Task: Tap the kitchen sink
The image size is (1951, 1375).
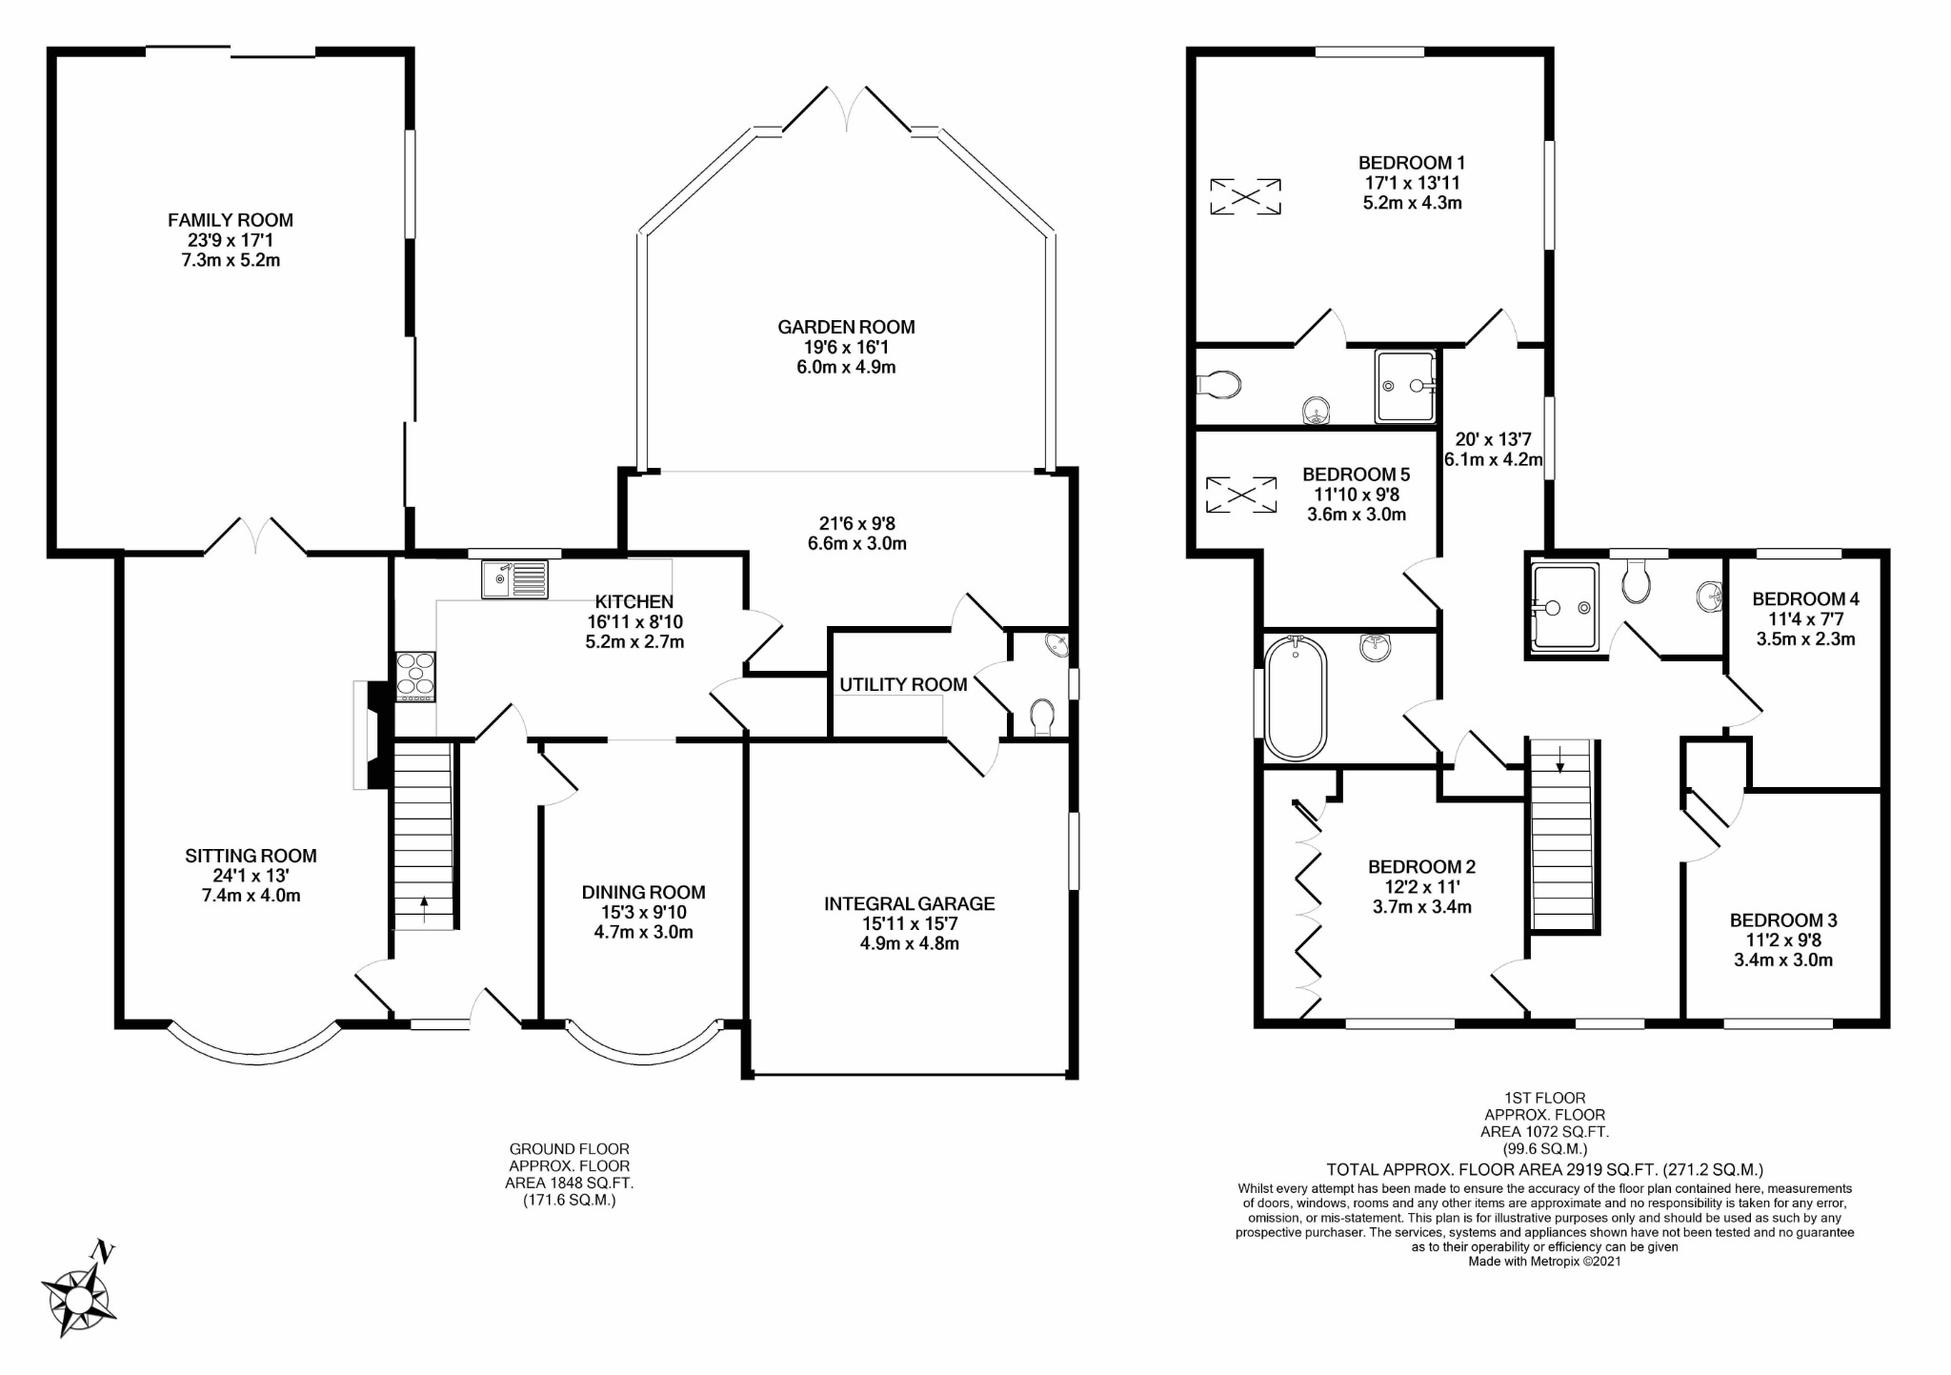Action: pyautogui.click(x=514, y=579)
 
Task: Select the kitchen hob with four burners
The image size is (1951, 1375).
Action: pyautogui.click(x=415, y=677)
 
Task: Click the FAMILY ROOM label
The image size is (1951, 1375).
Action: pyautogui.click(x=231, y=220)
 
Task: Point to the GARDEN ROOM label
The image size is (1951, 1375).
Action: pyautogui.click(x=846, y=327)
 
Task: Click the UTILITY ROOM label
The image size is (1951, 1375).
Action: pyautogui.click(x=903, y=684)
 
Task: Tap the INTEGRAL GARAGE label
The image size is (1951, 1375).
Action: pyautogui.click(x=909, y=903)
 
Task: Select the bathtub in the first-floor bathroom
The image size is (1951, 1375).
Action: pyautogui.click(x=1296, y=698)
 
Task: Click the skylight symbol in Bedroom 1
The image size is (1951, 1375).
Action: pyautogui.click(x=1245, y=196)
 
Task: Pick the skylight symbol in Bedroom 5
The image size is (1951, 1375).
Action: pyautogui.click(x=1241, y=495)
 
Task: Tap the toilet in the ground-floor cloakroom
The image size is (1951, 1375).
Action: pyautogui.click(x=1042, y=719)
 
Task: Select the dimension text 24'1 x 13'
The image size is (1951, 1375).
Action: pyautogui.click(x=251, y=876)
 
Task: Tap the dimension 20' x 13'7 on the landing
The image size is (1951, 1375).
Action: pyautogui.click(x=1493, y=439)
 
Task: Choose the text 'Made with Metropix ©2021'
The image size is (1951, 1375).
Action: pyautogui.click(x=1544, y=1262)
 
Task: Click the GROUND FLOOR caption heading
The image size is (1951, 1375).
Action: pyautogui.click(x=570, y=1149)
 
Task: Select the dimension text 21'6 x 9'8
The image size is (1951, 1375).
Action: pyautogui.click(x=857, y=524)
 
